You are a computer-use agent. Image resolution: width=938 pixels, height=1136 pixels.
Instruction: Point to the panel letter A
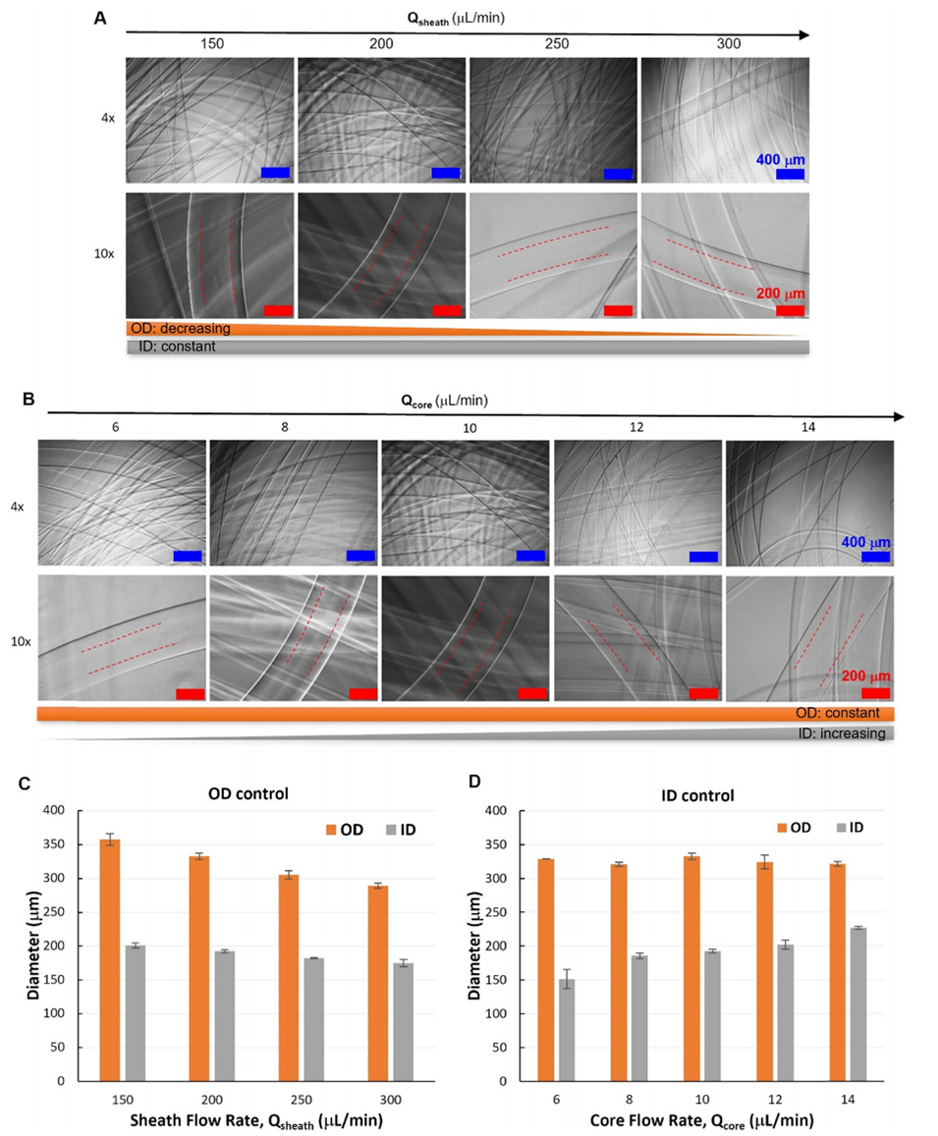(x=99, y=19)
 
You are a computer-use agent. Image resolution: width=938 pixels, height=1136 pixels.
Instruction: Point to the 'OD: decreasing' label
(x=183, y=328)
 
